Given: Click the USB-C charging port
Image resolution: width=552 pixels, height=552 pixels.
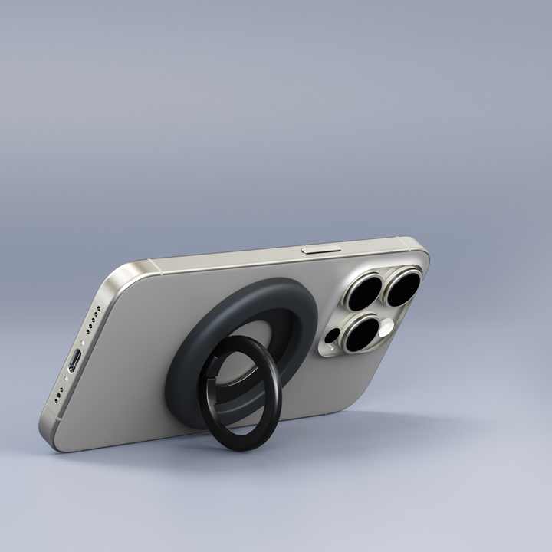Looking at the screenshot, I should (x=75, y=360).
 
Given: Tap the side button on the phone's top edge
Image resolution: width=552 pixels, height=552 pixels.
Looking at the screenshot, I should (x=314, y=249).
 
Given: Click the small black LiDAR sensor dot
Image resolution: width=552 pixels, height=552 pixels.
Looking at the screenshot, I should (x=332, y=336).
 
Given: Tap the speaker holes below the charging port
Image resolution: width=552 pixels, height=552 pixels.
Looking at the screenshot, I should (x=59, y=394).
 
